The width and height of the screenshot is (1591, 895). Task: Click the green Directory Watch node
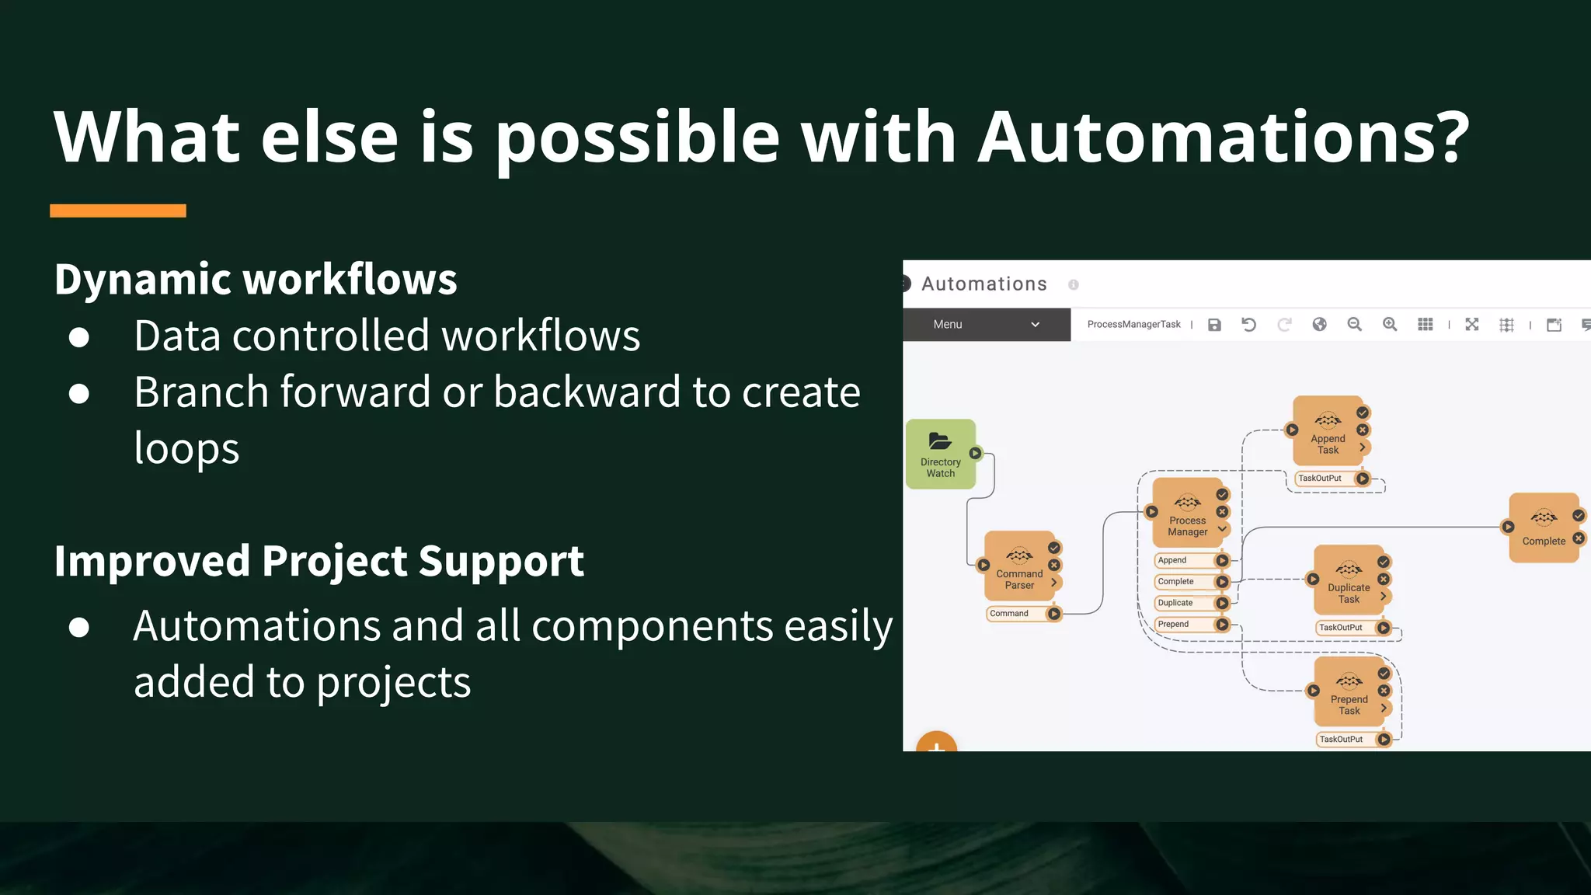click(x=941, y=454)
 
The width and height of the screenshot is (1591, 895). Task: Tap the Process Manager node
click(x=1186, y=515)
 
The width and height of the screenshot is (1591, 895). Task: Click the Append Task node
click(x=1327, y=434)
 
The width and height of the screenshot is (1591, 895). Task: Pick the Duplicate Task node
click(x=1348, y=583)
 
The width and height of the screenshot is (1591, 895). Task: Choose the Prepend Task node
click(x=1348, y=694)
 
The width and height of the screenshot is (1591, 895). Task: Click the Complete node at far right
click(x=1543, y=528)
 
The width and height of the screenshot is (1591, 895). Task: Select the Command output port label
click(x=1009, y=614)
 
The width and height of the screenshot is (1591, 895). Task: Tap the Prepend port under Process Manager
click(x=1174, y=625)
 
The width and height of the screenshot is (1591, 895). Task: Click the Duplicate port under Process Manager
click(x=1175, y=603)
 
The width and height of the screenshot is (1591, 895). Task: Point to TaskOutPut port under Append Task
click(x=1320, y=479)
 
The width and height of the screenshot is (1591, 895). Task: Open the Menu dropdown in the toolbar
click(x=986, y=325)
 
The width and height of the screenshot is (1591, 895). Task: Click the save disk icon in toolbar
click(x=1214, y=325)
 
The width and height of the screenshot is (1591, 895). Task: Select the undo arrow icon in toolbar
click(x=1248, y=325)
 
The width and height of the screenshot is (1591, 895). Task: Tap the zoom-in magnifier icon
click(x=1390, y=325)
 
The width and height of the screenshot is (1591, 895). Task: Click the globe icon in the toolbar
click(x=1319, y=325)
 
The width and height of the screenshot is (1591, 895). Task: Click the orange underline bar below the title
click(x=118, y=211)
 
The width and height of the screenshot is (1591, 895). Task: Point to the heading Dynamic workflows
click(x=256, y=280)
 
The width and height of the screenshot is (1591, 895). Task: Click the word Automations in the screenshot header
click(x=984, y=284)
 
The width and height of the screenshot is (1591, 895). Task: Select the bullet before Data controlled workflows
click(x=79, y=337)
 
